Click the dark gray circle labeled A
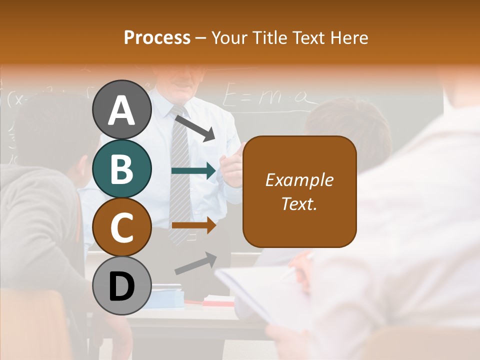pos(122,109)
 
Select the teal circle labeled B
pos(122,168)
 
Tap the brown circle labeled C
pos(122,227)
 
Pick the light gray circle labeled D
pos(122,286)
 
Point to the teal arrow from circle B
pos(193,171)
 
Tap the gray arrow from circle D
pos(195,263)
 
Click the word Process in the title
pos(157,37)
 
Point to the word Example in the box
pos(299,180)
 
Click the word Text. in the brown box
pos(299,203)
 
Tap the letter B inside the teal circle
pos(122,168)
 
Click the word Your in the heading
pos(231,37)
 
